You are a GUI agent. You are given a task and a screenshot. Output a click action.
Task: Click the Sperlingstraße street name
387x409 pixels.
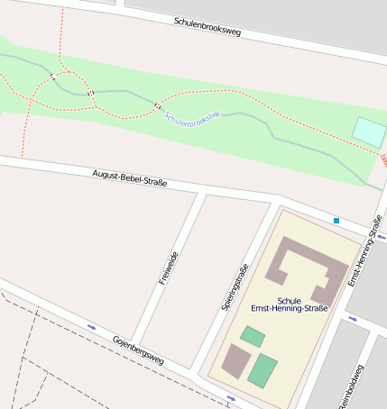[x=234, y=287]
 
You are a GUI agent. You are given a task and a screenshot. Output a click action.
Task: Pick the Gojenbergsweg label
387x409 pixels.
[x=138, y=350]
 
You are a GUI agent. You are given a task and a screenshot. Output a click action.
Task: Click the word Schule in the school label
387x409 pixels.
[x=290, y=301]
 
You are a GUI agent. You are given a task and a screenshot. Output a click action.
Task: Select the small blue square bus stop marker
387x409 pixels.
[x=336, y=220]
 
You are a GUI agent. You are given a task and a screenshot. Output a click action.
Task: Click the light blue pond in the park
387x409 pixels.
[x=368, y=132]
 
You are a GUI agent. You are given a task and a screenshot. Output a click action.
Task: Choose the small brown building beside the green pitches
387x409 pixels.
[x=236, y=360]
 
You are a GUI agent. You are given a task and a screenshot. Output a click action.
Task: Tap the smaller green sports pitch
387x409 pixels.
[x=253, y=338]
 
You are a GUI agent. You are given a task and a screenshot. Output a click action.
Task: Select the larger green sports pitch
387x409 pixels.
[x=263, y=370]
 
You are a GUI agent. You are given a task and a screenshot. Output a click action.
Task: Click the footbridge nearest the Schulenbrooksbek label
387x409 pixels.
[x=157, y=106]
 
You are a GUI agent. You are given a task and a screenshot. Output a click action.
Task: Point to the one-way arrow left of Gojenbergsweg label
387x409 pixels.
[x=91, y=326]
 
